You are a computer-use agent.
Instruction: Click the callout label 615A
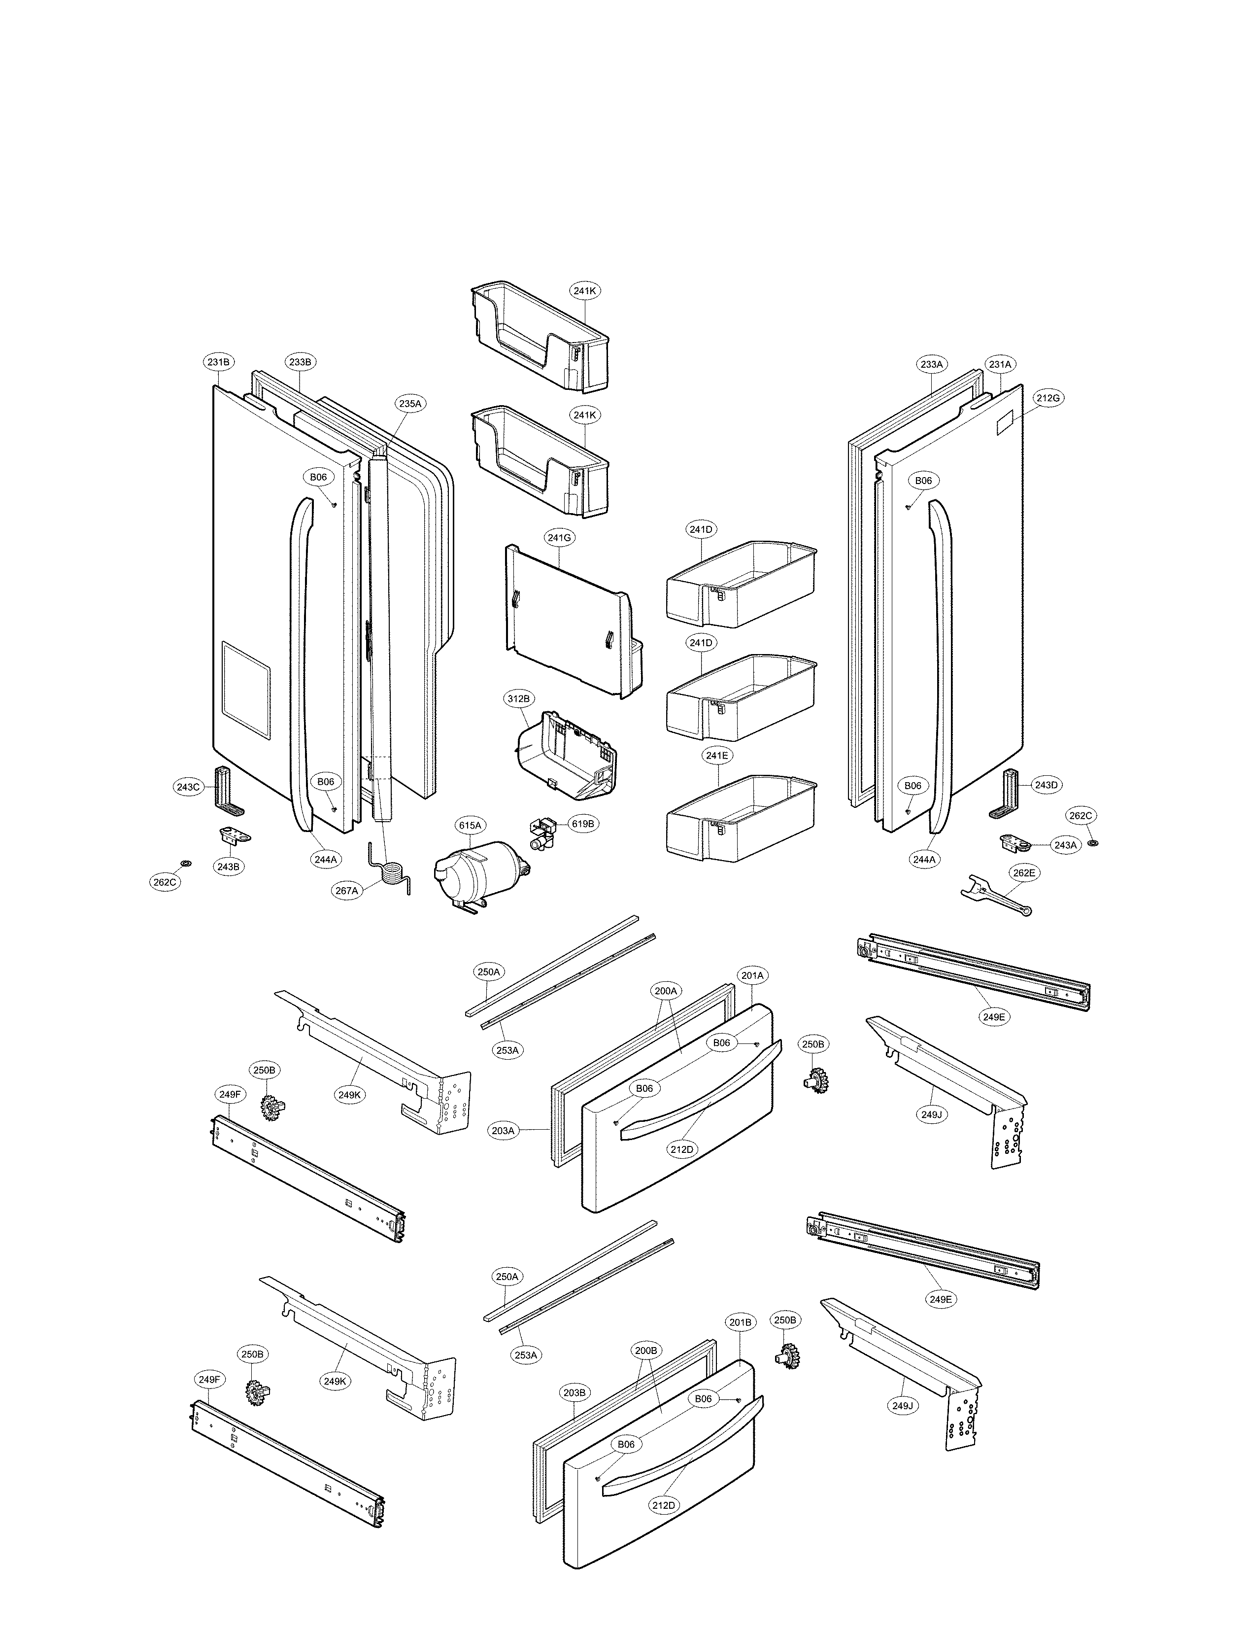pos(471,826)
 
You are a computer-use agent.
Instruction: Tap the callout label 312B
pos(518,699)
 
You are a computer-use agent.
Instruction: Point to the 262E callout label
pos(1023,873)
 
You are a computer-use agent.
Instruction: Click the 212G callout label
pos(1048,398)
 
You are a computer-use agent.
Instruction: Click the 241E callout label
pos(717,756)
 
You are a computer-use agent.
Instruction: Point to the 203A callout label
pos(504,1131)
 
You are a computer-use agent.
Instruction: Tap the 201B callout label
pos(741,1322)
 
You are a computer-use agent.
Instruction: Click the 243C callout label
pos(188,787)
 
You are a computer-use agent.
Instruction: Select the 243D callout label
pos(1046,785)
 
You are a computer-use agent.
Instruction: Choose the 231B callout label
pos(218,362)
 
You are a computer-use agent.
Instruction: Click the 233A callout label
pos(932,364)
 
